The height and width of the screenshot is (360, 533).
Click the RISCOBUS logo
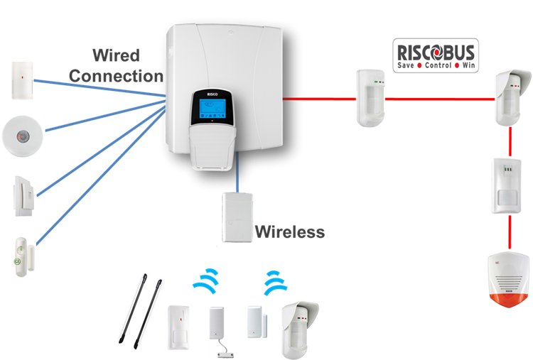coord(436,55)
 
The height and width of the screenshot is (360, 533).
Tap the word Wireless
coord(290,232)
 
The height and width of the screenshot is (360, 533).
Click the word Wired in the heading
coord(116,55)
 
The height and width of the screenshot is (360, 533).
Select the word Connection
coord(117,76)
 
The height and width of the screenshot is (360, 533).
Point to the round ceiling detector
coord(23,136)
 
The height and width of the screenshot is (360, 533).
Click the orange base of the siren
coord(508,300)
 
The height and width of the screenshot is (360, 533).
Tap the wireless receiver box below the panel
coord(237,217)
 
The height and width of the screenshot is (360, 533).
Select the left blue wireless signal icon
coord(207,280)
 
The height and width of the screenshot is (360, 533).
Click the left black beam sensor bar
coord(134,308)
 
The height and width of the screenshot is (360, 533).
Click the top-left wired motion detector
coord(23,80)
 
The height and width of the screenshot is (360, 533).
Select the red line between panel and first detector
coord(320,99)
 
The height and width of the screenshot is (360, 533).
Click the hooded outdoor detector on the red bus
coord(512,97)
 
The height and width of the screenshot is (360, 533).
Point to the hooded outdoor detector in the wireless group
coord(299,329)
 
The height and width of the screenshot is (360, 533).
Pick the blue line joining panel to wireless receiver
coord(237,172)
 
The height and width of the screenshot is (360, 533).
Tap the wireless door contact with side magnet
coord(257,322)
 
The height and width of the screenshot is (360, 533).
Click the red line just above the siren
coord(510,233)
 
